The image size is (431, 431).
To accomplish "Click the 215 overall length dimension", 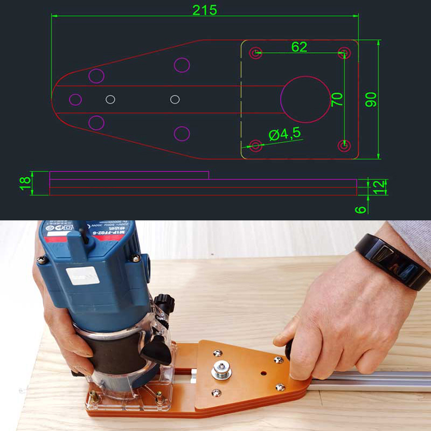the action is [204, 10].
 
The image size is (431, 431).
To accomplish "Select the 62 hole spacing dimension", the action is [299, 47].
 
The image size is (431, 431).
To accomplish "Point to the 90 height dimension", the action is [371, 99].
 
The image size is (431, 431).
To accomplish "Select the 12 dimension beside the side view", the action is [380, 186].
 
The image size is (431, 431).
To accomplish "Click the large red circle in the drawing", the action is [305, 99].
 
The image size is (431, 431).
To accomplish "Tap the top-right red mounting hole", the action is [343, 53].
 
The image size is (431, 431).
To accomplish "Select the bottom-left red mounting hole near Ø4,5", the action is [256, 145].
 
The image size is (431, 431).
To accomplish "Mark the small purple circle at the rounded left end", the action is [75, 99].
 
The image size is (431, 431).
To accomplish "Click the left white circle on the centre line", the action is [110, 99].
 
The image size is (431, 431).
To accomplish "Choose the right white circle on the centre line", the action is [175, 99].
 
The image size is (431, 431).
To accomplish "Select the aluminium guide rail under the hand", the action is [372, 380].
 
